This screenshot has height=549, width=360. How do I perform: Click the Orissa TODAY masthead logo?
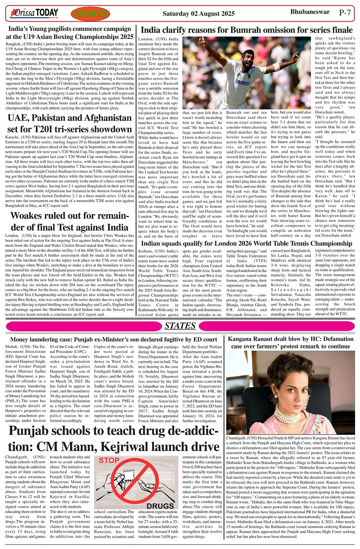pos(35,14)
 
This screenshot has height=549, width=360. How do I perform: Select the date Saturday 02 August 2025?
pos(198,14)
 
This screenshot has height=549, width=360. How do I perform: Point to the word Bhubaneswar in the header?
pos(310,12)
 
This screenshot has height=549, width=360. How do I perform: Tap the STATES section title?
pos(180,326)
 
